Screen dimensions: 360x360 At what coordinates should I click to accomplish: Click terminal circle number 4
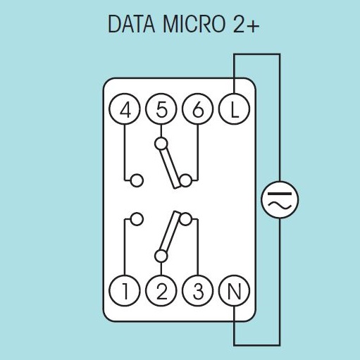pos(125,109)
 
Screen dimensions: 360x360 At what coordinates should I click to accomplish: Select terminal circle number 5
pos(161,109)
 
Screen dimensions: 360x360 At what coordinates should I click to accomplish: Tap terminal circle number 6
pos(198,109)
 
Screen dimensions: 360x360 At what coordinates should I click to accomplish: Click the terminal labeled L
pos(234,109)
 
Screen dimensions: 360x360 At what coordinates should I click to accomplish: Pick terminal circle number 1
pos(125,291)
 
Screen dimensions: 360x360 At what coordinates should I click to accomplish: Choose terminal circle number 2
pos(161,291)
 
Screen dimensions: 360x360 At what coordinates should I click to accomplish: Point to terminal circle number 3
pos(198,291)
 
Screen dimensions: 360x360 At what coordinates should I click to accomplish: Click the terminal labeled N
pos(234,291)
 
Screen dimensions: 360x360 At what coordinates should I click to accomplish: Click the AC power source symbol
pos(280,199)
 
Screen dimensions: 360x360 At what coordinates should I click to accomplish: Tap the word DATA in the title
pos(132,24)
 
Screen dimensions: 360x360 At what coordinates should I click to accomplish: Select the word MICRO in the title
pos(194,24)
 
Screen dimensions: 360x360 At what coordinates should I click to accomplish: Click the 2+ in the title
pos(247,24)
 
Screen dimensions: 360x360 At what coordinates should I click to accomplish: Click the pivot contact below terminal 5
pos(161,144)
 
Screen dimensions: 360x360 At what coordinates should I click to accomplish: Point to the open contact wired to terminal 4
pos(137,180)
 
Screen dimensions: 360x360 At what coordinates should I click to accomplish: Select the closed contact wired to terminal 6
pos(185,180)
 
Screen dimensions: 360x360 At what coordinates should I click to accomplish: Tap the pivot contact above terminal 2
pos(161,256)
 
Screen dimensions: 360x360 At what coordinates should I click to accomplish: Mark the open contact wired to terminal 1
pos(137,219)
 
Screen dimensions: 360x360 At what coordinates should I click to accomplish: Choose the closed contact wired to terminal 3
pos(185,219)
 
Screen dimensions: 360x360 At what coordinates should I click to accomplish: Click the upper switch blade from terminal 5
pos(170,168)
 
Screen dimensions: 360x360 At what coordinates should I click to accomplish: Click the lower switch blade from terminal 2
pos(170,232)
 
